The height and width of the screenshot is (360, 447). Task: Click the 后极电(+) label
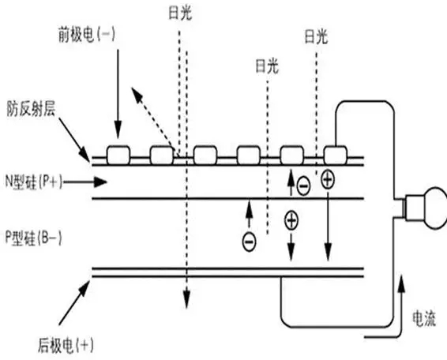(65, 343)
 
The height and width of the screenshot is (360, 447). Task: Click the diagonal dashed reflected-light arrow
(151, 118)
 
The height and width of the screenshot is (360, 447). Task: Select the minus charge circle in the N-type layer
(303, 186)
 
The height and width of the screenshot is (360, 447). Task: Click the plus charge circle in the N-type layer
(327, 179)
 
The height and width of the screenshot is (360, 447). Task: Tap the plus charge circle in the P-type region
(291, 220)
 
